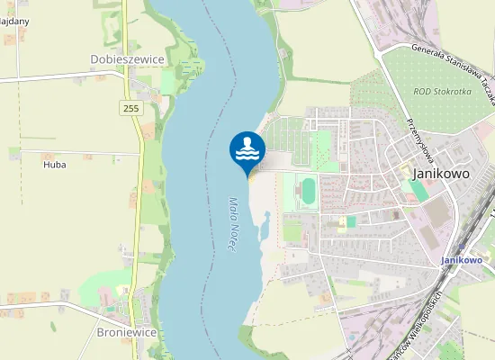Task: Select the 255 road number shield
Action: coord(132,108)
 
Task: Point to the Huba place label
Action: coord(55,165)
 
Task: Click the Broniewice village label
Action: coord(126,332)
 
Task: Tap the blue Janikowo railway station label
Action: coord(461,259)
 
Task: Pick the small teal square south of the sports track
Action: coord(351,221)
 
